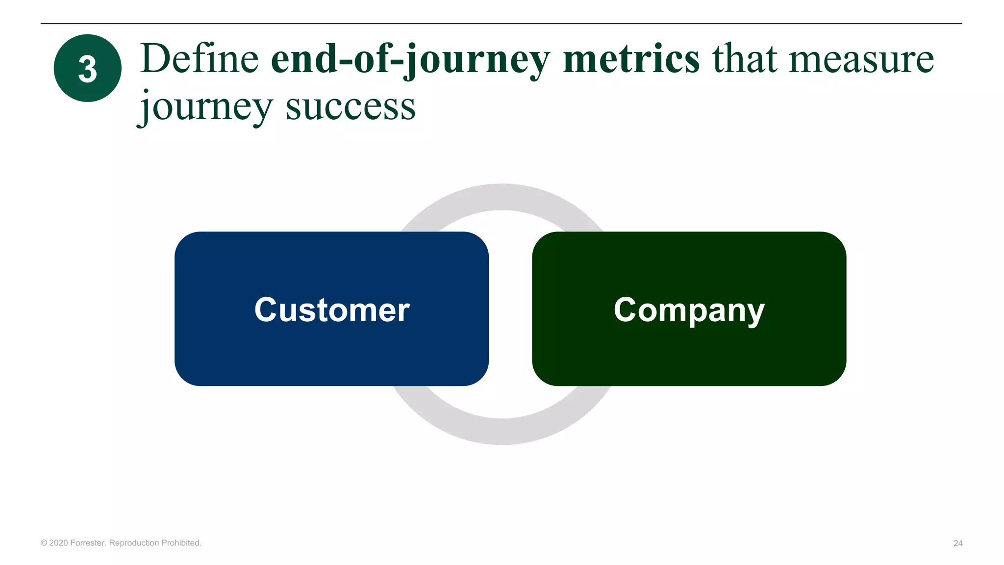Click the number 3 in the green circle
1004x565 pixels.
87,69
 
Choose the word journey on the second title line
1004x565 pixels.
205,107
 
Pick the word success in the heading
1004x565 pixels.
351,107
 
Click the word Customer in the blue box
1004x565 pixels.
332,309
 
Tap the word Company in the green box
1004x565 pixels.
689,310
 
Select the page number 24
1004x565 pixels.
957,543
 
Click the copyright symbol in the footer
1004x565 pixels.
44,543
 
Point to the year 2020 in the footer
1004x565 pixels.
58,543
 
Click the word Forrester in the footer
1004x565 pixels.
88,543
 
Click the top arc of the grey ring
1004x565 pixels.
502,197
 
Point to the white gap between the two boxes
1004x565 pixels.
510,309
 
